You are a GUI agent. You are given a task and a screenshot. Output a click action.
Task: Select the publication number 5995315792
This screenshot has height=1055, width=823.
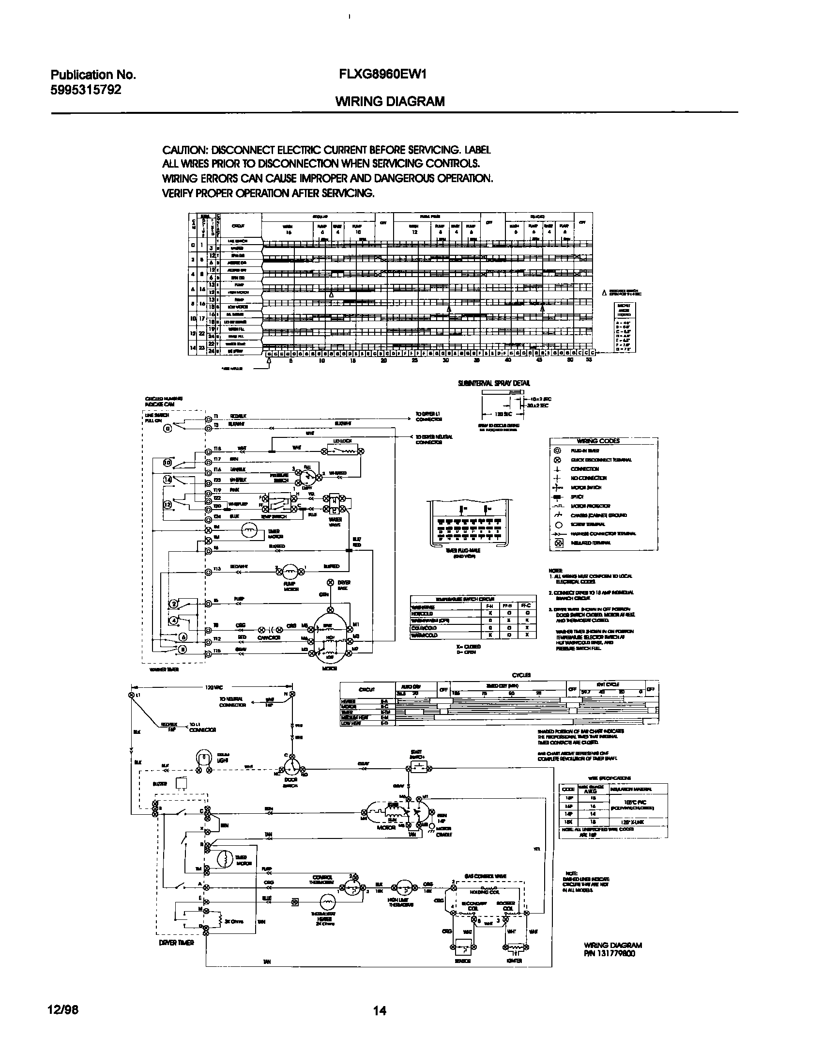(86, 90)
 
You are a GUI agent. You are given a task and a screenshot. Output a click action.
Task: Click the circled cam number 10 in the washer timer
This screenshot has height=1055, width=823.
(167, 463)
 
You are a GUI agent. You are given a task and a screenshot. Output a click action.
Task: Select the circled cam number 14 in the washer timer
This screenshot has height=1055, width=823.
(168, 480)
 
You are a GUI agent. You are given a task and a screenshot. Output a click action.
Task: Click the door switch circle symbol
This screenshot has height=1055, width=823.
(292, 768)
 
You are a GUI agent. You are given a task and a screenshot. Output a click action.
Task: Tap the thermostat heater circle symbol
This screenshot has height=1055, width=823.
(328, 902)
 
